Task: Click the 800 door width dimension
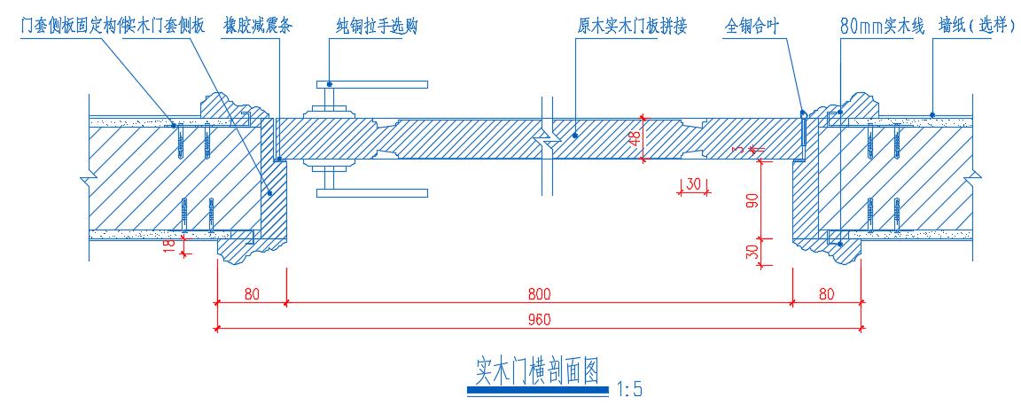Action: point(540,292)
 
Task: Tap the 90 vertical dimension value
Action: point(752,199)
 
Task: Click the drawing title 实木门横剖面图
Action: point(538,368)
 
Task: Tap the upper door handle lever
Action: point(372,85)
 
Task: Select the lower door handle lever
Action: point(372,191)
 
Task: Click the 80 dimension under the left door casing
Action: point(252,292)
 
